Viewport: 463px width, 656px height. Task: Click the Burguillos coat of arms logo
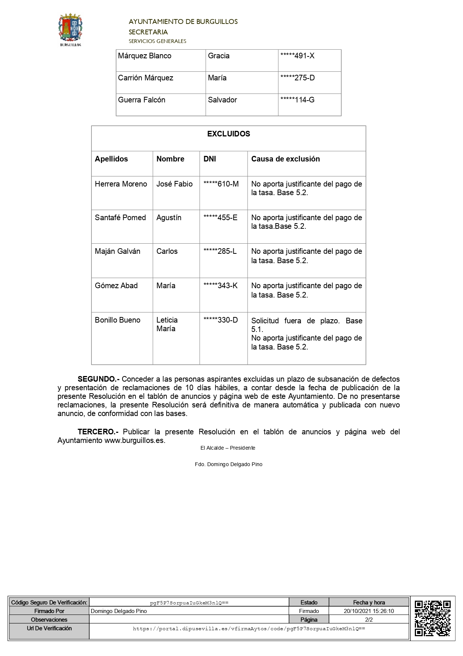tap(70, 30)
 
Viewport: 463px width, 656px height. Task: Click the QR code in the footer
tap(432, 618)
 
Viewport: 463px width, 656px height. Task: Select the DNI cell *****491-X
tap(297, 56)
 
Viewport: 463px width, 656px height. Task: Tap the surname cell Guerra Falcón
tap(142, 100)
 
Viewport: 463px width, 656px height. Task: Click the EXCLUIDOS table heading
tap(229, 134)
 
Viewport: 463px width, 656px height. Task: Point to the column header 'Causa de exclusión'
tap(285, 159)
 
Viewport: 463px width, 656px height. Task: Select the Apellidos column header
tap(111, 159)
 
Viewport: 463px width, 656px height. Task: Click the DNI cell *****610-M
tap(221, 184)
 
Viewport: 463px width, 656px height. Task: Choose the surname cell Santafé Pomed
tap(120, 218)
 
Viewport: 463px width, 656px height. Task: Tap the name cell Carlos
tap(167, 251)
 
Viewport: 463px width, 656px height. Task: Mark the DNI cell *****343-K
tap(220, 286)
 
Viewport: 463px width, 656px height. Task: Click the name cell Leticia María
tap(167, 324)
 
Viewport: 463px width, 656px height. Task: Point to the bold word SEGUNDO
tap(98, 379)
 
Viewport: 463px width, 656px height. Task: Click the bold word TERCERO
tap(98, 432)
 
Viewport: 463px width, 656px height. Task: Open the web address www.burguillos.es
tap(134, 440)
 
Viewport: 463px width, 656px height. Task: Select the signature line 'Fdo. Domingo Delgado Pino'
tap(229, 464)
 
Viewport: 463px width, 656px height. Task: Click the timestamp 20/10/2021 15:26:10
tap(369, 611)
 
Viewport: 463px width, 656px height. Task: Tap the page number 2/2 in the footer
tap(369, 619)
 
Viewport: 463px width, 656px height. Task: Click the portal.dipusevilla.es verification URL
tap(249, 629)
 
